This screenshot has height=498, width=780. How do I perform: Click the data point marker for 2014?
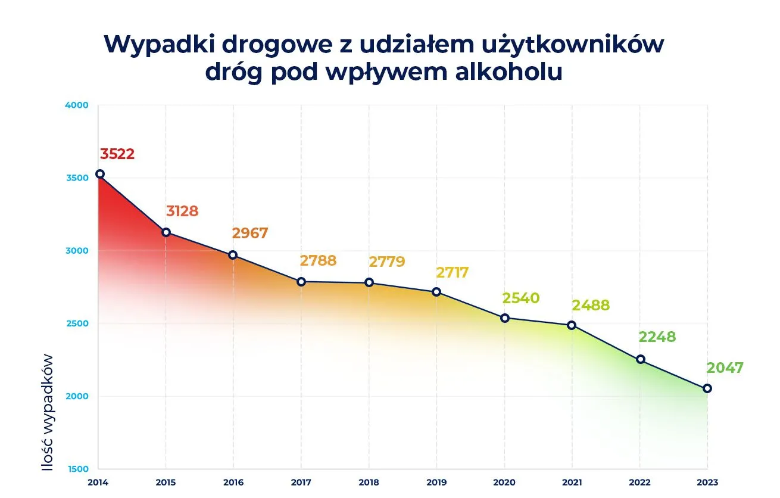coord(100,174)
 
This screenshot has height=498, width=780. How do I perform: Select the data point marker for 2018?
coord(369,282)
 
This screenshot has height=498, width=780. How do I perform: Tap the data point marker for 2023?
coord(707,388)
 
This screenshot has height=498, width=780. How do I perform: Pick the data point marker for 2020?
coord(505,318)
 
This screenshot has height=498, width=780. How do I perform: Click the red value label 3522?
coord(117,154)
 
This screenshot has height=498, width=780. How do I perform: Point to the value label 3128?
coord(182,211)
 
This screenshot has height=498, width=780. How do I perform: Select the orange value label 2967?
coord(250,234)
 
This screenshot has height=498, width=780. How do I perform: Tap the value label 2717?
coord(452,273)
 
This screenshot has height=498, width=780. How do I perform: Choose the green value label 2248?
coord(657,337)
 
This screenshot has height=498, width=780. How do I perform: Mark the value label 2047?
coord(725,368)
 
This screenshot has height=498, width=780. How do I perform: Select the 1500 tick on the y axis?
coord(79,469)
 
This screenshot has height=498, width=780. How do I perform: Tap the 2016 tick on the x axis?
coord(233,482)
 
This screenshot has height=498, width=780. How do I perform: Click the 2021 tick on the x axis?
coord(572,482)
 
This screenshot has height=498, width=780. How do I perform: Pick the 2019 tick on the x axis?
coord(436,482)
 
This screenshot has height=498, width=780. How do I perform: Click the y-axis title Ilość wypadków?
coord(48,412)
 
